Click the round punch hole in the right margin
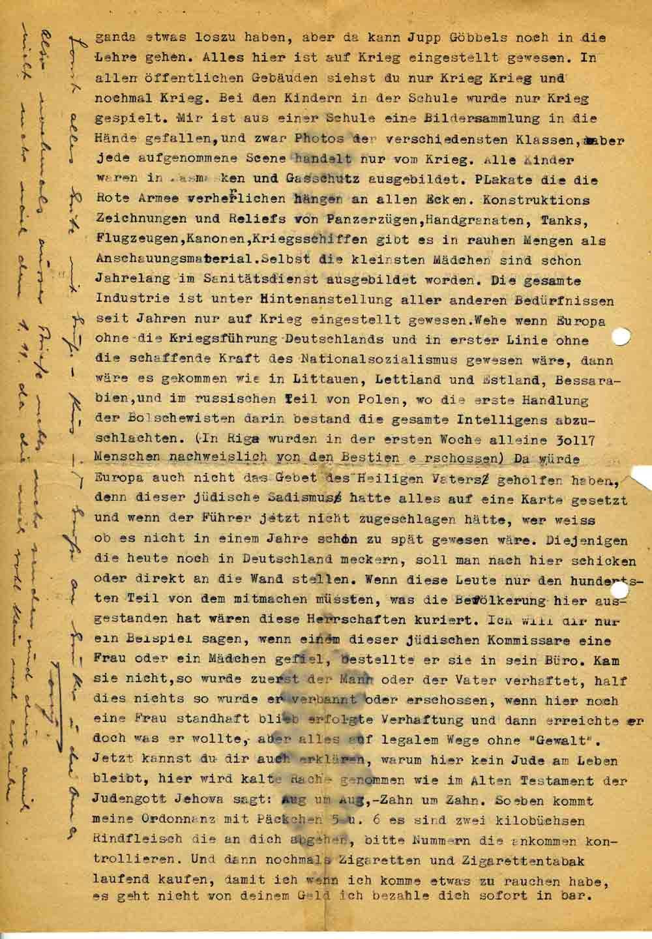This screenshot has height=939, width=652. [621, 336]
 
